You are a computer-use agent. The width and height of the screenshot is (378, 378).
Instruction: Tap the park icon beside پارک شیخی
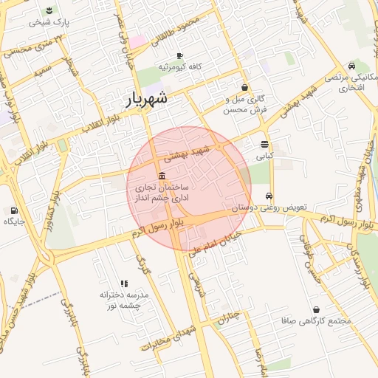49,10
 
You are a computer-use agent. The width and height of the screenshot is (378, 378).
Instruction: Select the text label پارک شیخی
49,22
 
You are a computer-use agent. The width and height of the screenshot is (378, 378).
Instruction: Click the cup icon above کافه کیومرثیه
179,55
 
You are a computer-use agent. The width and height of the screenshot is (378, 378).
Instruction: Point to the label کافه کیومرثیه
179,67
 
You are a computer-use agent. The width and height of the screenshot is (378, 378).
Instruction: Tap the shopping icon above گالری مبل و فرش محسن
244,87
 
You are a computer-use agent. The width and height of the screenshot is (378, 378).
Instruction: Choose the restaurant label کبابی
264,157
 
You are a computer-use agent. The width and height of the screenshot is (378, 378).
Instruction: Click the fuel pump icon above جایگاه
15,210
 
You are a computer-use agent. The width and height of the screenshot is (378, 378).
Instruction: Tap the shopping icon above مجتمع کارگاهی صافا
317,309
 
